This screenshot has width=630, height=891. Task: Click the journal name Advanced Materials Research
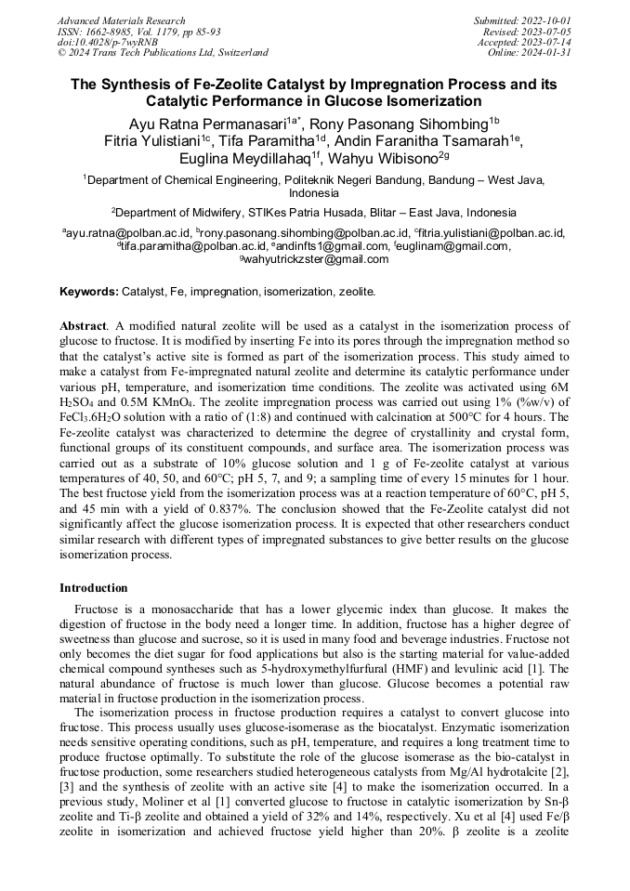121,20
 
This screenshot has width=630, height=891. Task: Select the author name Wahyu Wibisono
402,159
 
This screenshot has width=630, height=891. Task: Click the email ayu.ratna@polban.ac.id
128,233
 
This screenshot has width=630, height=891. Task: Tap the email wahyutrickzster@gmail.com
317,259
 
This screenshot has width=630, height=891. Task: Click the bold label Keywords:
89,292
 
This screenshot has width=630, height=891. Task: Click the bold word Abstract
83,328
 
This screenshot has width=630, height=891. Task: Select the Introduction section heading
94,588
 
